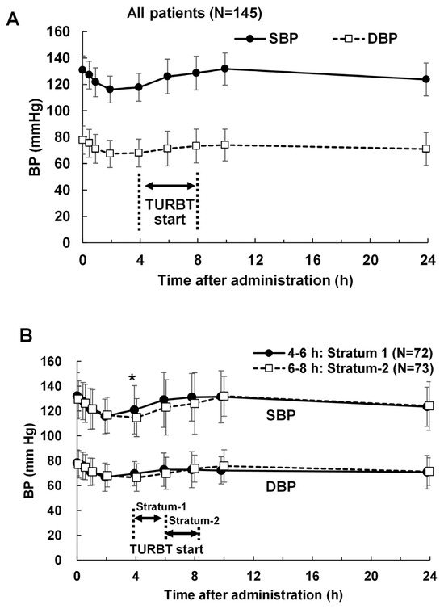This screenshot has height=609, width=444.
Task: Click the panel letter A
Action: click(x=13, y=19)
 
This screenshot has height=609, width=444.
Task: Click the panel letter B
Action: click(x=26, y=336)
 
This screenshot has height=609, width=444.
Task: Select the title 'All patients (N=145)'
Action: click(x=195, y=13)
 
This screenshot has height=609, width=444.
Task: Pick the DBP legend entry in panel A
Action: click(x=365, y=39)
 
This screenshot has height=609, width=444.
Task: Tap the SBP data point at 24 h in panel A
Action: click(x=426, y=79)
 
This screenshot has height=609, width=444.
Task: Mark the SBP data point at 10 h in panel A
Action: click(x=224, y=69)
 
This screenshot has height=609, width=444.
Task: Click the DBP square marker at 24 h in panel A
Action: click(x=426, y=149)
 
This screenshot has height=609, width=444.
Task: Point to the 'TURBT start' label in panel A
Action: click(x=170, y=212)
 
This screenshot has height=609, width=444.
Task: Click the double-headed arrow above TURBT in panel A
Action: click(x=170, y=186)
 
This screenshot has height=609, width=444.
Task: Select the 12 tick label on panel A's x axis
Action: click(x=255, y=261)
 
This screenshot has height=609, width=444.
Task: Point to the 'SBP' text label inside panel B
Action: click(x=281, y=415)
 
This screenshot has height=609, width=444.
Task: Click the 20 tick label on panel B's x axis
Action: click(x=371, y=576)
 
